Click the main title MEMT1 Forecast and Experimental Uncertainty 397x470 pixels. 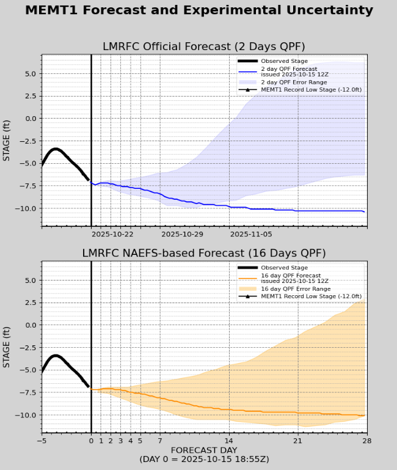pos(198,10)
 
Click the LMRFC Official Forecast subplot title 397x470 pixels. pos(203,46)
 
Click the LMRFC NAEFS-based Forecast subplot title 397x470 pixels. pos(203,253)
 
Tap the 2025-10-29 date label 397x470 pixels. pos(181,233)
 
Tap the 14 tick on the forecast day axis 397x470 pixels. pos(228,441)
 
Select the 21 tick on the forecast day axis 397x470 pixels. pos(297,441)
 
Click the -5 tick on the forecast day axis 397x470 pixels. pos(42,441)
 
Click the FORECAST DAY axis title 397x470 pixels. pos(203,450)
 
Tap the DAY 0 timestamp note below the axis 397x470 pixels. pos(203,460)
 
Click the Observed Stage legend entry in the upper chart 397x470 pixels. pos(284,61)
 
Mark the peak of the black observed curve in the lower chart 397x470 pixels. pos(56,356)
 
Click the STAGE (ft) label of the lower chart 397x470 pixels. pos(7,348)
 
